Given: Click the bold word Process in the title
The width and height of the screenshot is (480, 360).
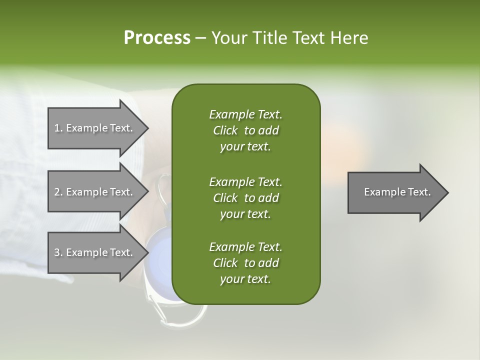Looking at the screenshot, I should (157, 38).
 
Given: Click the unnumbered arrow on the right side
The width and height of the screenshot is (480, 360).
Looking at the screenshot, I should (397, 192).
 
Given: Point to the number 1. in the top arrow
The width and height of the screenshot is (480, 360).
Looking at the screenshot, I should (58, 128).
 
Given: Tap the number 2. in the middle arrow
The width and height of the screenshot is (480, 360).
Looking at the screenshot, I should (58, 192).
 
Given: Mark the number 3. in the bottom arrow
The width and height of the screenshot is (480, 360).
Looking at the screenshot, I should (58, 252).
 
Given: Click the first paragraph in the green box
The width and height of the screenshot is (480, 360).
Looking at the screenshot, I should (245, 130).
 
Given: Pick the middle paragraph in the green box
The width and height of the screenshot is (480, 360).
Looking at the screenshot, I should (245, 197).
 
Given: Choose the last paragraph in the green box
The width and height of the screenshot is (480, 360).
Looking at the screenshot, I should (245, 263).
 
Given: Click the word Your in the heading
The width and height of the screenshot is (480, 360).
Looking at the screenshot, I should (228, 38).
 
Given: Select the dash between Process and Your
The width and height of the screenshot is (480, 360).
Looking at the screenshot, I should (201, 38).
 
